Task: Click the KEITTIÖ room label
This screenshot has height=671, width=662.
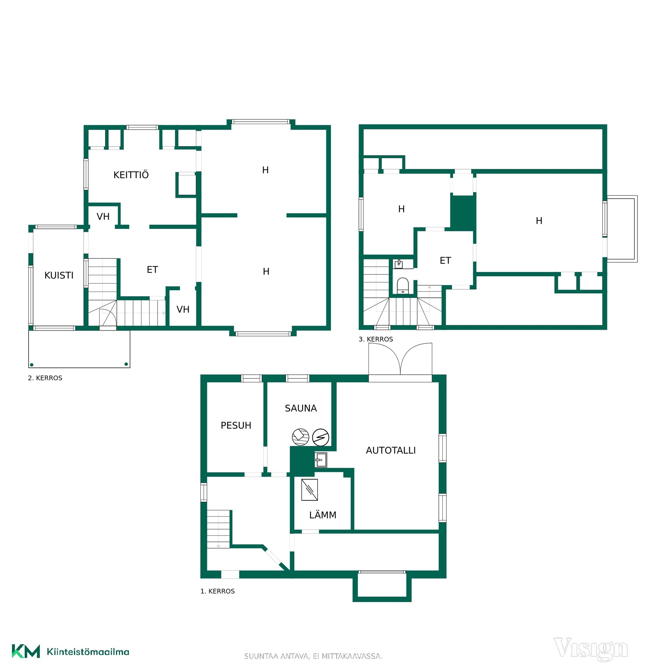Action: tap(131, 174)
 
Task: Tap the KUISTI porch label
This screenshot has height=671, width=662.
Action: tap(59, 275)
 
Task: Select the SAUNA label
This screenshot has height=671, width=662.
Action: tap(301, 408)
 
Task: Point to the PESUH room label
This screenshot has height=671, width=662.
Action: tap(235, 425)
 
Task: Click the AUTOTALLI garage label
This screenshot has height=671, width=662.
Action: tap(391, 450)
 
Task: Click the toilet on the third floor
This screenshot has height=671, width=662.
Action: tap(402, 285)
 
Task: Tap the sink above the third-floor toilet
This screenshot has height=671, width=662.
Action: tap(399, 264)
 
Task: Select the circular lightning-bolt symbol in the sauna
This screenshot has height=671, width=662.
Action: tap(320, 437)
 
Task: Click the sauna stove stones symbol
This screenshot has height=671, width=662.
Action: tap(300, 437)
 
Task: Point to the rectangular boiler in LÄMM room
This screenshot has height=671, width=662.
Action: tap(309, 490)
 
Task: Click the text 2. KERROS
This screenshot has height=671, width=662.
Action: tap(45, 378)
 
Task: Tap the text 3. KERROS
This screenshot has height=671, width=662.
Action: tap(376, 339)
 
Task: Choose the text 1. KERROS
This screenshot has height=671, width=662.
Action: tap(218, 591)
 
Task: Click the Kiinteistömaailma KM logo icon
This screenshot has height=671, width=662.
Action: tap(26, 651)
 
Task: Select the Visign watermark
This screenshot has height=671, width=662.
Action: tap(590, 649)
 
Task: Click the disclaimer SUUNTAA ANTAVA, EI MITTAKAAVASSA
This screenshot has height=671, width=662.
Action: tap(313, 656)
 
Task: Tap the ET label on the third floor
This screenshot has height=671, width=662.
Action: tap(445, 260)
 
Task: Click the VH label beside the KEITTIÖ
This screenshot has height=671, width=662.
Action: tap(103, 216)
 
